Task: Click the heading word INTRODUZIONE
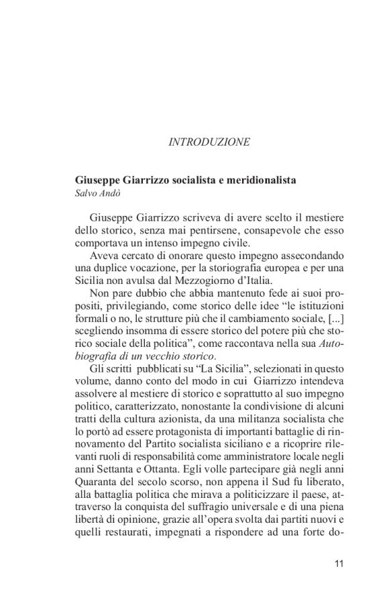click(x=209, y=142)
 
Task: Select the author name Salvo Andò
click(x=99, y=194)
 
